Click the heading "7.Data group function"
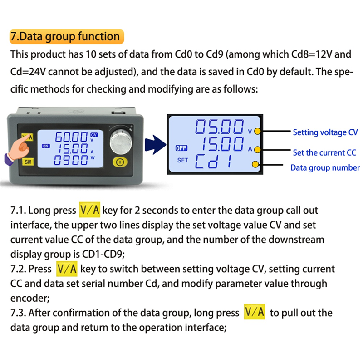pos(65,36)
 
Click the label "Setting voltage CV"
pos(325,132)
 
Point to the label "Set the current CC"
pos(324,152)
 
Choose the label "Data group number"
pos(325,168)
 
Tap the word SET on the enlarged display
pos(182,160)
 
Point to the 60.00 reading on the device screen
pos(71,137)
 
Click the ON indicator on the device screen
pos(46,146)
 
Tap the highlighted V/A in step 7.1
pos(89,210)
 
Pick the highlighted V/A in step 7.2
pos(67,269)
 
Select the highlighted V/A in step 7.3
pos(254,313)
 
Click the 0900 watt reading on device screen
pos(71,159)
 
